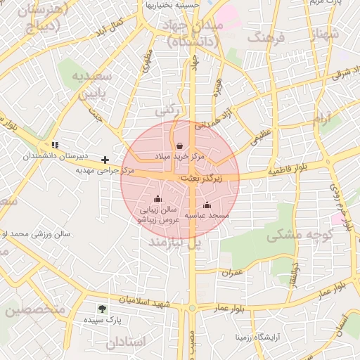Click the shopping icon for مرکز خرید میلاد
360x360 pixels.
pyautogui.click(x=181, y=146)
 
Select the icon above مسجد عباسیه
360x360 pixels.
pyautogui.click(x=207, y=205)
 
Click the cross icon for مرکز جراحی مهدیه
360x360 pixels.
pyautogui.click(x=105, y=160)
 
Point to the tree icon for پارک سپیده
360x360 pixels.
pyautogui.click(x=103, y=309)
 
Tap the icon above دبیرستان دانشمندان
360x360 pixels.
pyautogui.click(x=55, y=146)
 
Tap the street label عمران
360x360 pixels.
pyautogui.click(x=232, y=272)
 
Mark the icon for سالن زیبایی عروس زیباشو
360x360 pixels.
pyautogui.click(x=157, y=198)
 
